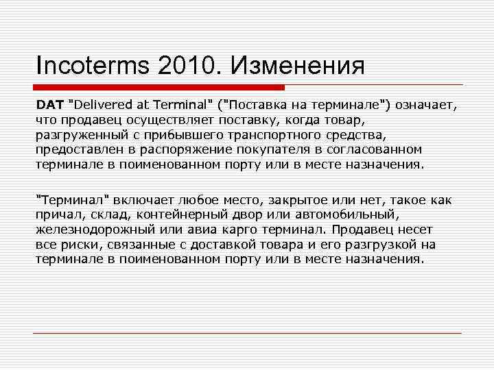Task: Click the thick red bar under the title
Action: [x=159, y=88]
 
